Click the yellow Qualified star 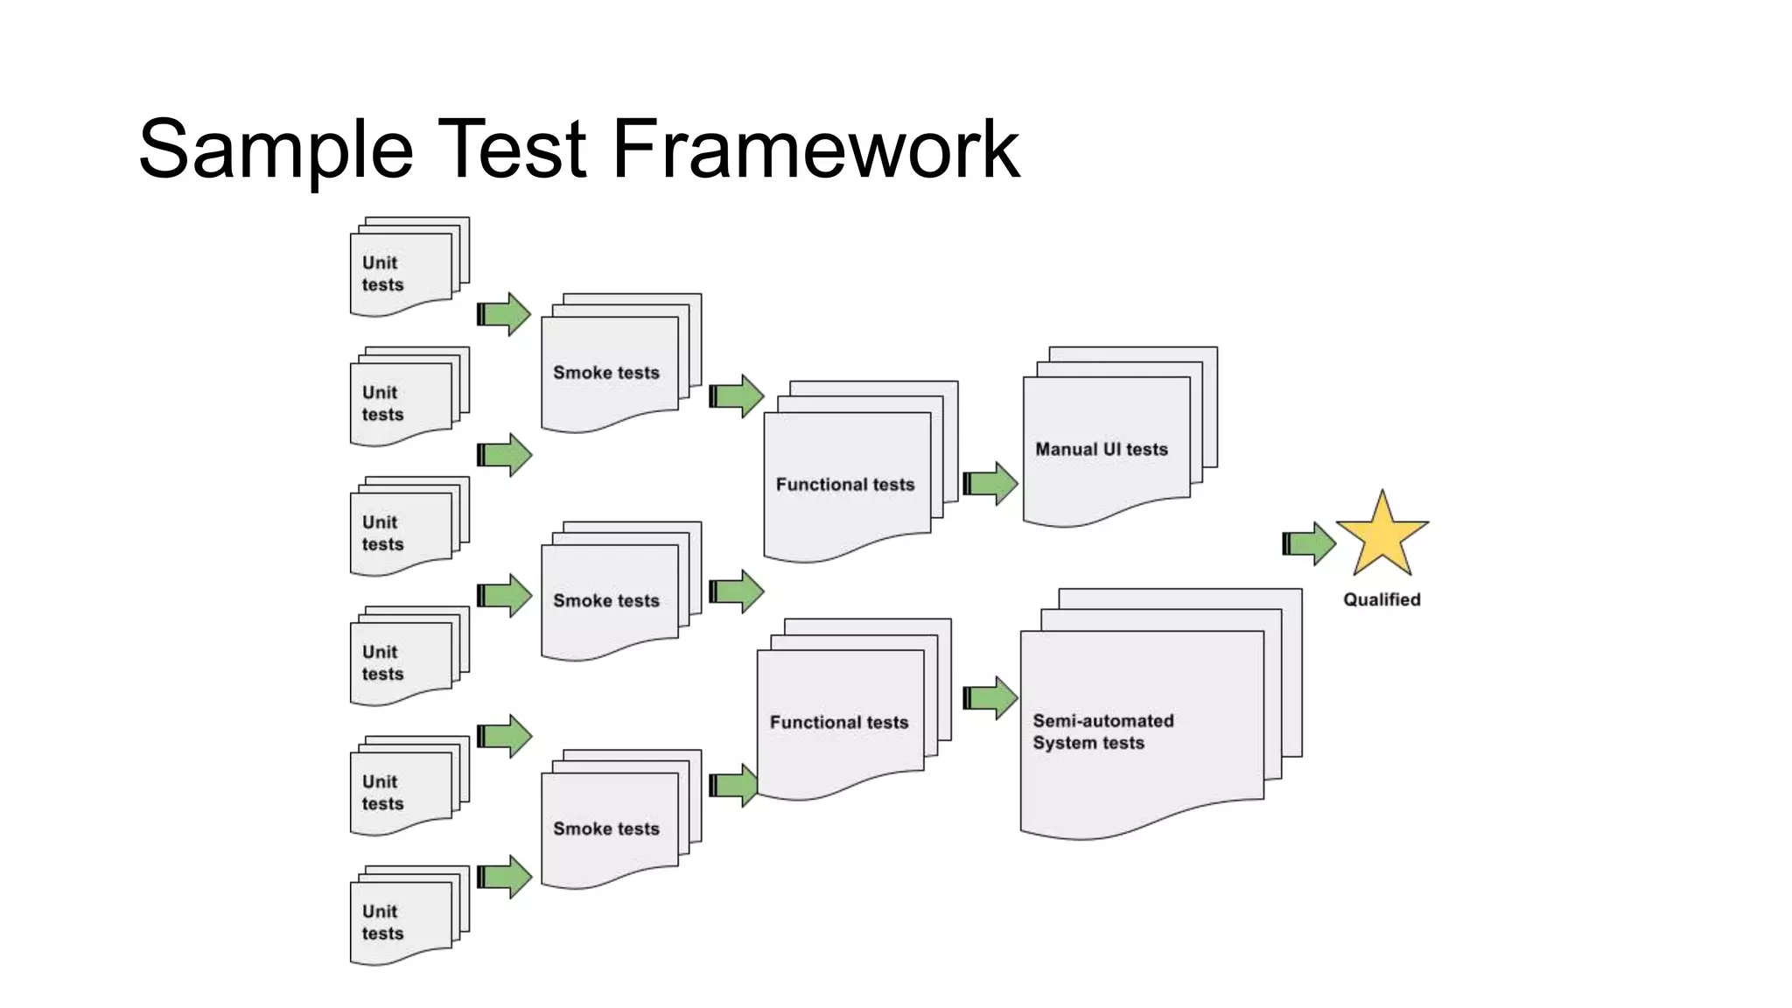tap(1382, 536)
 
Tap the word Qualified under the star tap(1382, 599)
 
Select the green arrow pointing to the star tap(1309, 543)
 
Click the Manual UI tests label tap(1101, 449)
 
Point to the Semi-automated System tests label tap(1102, 731)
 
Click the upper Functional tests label tap(844, 484)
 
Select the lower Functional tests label tap(838, 722)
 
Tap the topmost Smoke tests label tap(605, 372)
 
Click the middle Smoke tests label tap(605, 600)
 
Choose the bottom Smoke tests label tap(605, 828)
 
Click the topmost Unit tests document tap(402, 271)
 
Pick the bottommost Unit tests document tap(402, 920)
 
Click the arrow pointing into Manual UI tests tap(990, 483)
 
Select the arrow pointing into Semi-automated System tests tap(990, 697)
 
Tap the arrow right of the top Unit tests tap(505, 313)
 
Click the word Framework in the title tap(815, 149)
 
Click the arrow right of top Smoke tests tap(737, 395)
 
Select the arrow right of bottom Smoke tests tap(733, 785)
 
